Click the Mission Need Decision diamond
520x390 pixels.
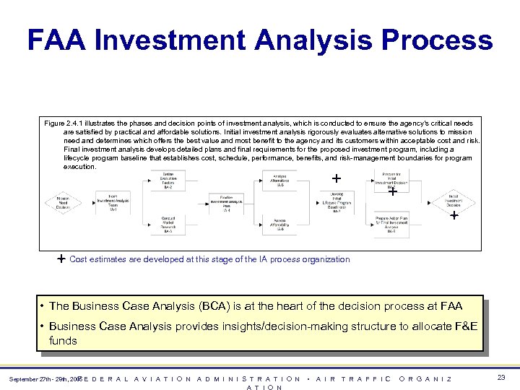click(x=62, y=202)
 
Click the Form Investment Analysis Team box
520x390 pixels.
click(x=114, y=201)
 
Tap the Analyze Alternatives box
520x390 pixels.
click(x=279, y=181)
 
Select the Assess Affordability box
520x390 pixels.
click(x=279, y=225)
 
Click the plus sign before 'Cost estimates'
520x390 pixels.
click(x=62, y=259)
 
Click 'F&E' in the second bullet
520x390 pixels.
click(x=465, y=326)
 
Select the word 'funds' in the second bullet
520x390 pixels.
click(x=63, y=340)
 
